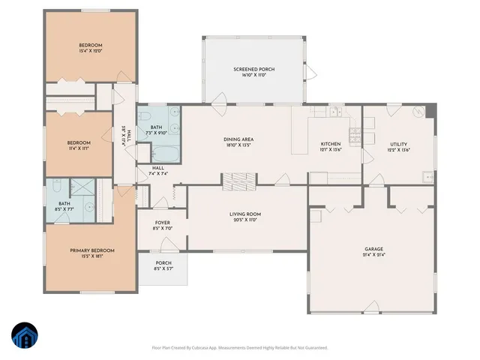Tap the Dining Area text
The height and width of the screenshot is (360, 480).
coord(238,139)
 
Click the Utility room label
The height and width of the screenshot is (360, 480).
coord(398,144)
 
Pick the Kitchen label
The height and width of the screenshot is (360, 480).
coord(331,144)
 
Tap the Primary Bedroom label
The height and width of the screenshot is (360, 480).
coord(91,250)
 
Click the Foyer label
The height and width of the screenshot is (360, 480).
coord(162,223)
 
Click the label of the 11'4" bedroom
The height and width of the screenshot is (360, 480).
coord(79,142)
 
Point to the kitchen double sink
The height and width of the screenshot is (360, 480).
coord(333,112)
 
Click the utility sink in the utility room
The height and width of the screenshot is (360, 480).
coord(426,177)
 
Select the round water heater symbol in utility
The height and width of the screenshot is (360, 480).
coord(417,112)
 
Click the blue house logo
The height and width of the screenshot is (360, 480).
coord(24,336)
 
